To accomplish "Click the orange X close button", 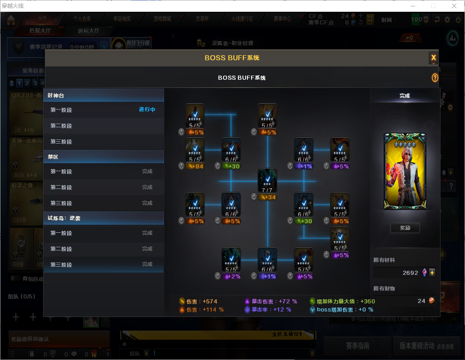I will click(433, 58).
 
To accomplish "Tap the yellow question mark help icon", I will click(435, 78).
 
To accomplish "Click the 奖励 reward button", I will click(405, 228).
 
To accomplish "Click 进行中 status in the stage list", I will click(147, 110).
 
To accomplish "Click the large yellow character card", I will click(405, 171).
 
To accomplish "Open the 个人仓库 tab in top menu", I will click(82, 19).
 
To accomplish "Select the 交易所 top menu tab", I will click(202, 19).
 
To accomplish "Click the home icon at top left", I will click(11, 19).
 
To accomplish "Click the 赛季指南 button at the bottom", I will click(357, 346).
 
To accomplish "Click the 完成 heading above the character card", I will click(405, 96).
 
